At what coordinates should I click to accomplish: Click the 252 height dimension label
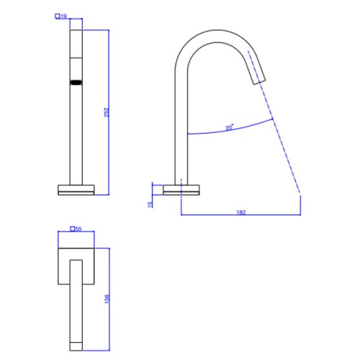click(x=107, y=112)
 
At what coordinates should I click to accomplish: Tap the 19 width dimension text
click(x=63, y=17)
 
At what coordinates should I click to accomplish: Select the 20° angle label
click(x=230, y=127)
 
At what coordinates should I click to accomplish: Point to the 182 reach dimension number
click(x=241, y=212)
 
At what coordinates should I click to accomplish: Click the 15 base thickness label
click(x=150, y=204)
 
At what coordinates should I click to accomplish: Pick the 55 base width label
click(x=78, y=229)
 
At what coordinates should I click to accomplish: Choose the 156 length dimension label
click(x=107, y=299)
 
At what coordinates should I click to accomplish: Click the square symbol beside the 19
click(x=58, y=17)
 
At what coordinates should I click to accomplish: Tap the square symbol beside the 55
click(x=73, y=229)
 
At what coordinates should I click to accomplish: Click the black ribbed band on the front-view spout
click(x=76, y=83)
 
